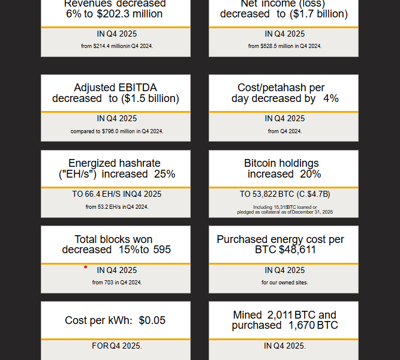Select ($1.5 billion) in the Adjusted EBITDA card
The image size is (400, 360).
(150, 98)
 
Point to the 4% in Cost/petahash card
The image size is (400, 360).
(330, 98)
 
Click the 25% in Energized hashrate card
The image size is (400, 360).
(164, 174)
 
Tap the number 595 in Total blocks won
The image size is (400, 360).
(161, 250)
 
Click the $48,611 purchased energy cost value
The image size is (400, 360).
(297, 250)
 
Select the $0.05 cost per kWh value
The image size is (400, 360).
(152, 320)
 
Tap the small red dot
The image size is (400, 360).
(86, 267)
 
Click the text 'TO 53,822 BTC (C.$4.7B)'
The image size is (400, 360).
(285, 194)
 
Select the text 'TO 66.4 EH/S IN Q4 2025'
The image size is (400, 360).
(117, 194)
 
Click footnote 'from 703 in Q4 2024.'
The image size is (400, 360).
(117, 283)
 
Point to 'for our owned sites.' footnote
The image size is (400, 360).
(285, 283)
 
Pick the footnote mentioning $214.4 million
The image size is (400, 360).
(117, 46)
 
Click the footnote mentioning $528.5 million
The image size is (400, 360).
(285, 46)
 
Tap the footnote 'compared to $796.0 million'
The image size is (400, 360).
(117, 131)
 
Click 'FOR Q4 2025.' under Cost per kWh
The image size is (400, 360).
(117, 346)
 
